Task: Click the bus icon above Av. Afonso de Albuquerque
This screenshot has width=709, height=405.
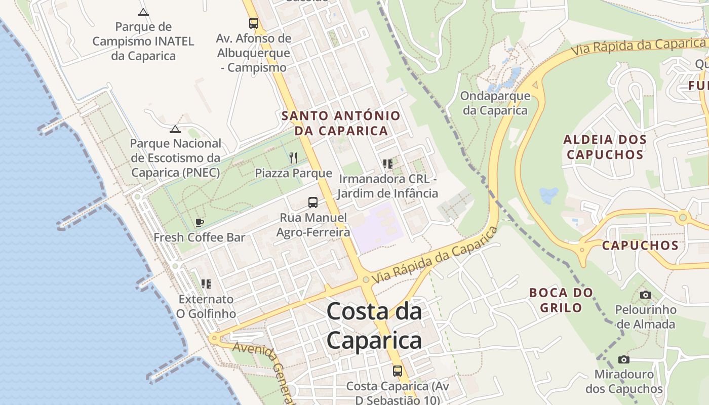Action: (x=253, y=23)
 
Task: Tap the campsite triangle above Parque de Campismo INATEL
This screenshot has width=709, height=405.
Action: (x=143, y=12)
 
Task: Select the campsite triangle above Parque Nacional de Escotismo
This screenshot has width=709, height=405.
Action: (x=175, y=129)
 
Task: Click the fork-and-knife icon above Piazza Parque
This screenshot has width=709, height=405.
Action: (x=293, y=158)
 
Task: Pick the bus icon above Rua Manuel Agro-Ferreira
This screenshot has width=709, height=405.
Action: (x=313, y=202)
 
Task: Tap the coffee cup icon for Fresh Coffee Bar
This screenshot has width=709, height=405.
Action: (x=199, y=222)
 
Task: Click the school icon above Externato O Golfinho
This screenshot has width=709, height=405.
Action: (x=206, y=284)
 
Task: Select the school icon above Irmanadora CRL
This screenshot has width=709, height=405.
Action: (x=388, y=164)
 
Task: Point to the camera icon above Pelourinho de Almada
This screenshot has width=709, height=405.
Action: (x=645, y=295)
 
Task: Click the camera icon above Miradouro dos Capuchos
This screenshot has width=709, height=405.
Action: (x=624, y=359)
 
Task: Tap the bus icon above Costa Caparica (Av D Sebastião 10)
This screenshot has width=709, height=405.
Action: (x=398, y=371)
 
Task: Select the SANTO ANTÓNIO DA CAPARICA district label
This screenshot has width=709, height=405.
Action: (x=341, y=123)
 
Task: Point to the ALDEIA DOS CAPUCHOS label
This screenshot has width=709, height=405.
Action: (x=605, y=147)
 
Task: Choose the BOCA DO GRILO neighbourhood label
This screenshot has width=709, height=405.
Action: (x=561, y=300)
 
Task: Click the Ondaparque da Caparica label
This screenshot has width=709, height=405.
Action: (x=495, y=103)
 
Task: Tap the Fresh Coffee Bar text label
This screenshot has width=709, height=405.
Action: (x=200, y=237)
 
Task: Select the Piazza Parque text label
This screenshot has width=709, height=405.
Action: (x=293, y=173)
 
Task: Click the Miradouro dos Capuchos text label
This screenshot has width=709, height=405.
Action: (x=624, y=382)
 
